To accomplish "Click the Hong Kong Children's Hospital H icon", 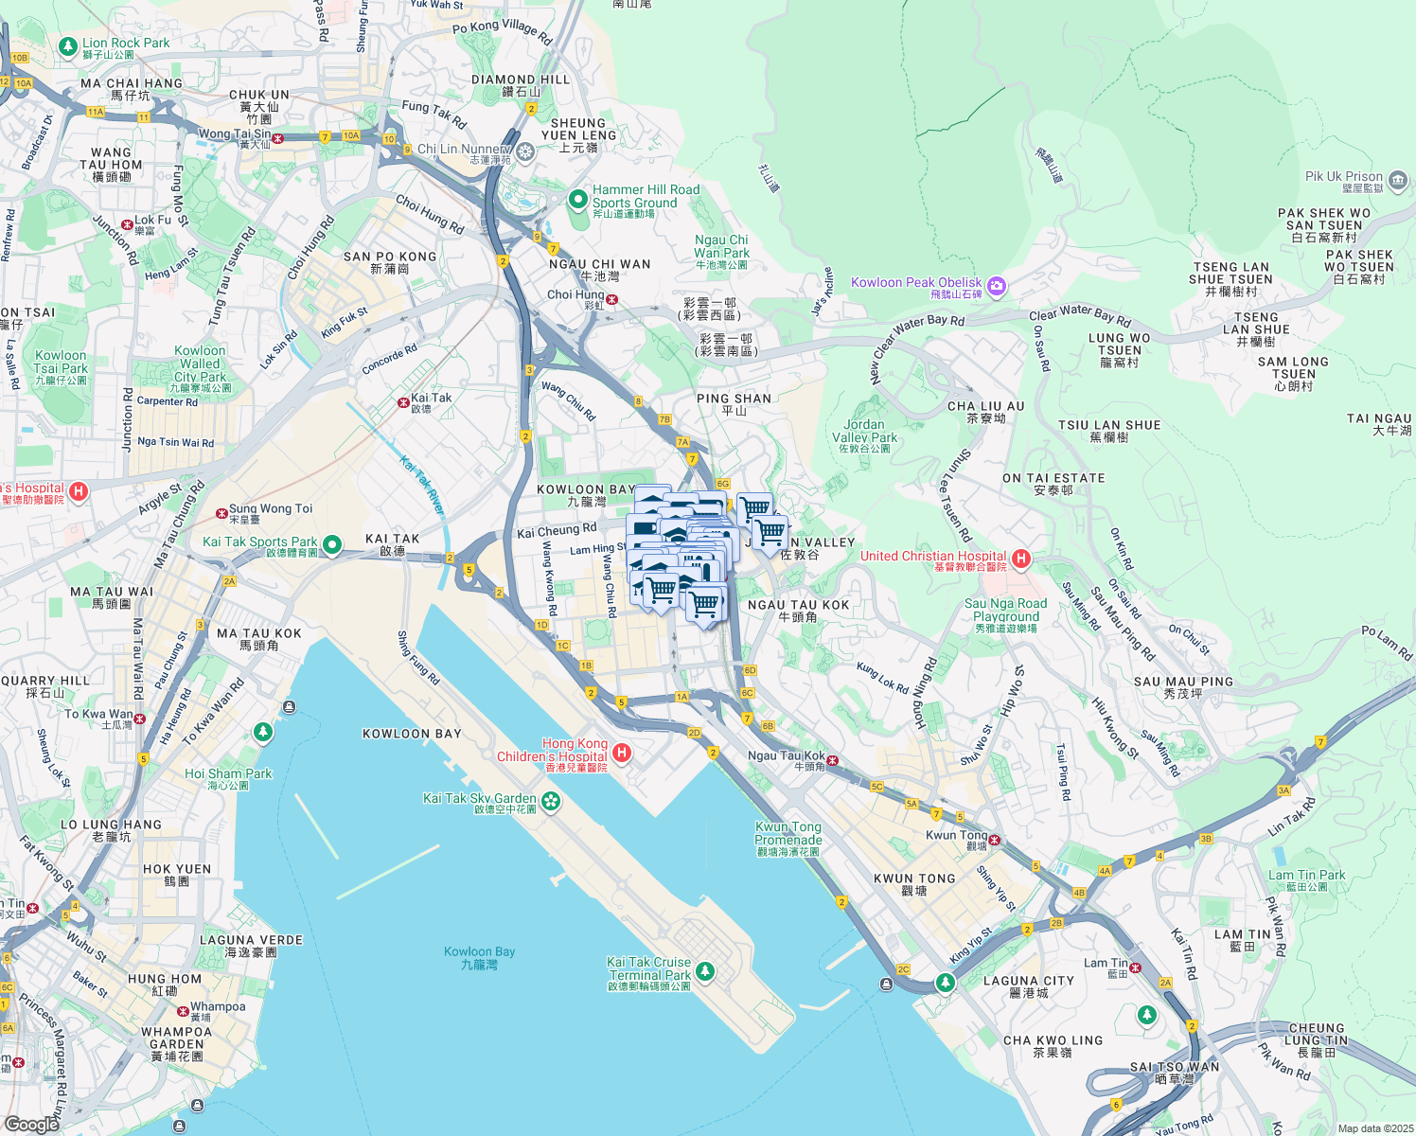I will pyautogui.click(x=622, y=753).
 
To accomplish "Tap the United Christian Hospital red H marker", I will pyautogui.click(x=1020, y=559).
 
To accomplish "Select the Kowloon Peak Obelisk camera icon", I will pyautogui.click(x=996, y=285).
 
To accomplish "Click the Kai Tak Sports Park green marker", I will pyautogui.click(x=332, y=544).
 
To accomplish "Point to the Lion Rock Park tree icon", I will pyautogui.click(x=67, y=45).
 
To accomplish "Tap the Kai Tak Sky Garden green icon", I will pyautogui.click(x=551, y=802).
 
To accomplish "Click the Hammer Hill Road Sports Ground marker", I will pyautogui.click(x=577, y=200).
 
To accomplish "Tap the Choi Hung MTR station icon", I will pyautogui.click(x=612, y=299).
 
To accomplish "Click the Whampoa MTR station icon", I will pyautogui.click(x=184, y=1011).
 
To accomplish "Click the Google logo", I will pyautogui.click(x=31, y=1124).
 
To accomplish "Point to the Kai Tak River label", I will pyautogui.click(x=422, y=485).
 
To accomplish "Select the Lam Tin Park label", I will pyautogui.click(x=1306, y=879).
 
